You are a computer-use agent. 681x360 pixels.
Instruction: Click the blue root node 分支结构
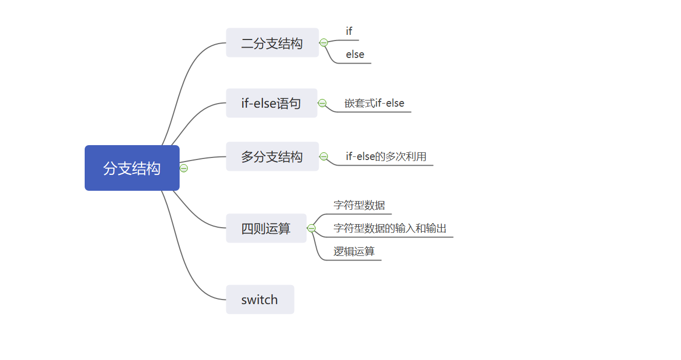132,168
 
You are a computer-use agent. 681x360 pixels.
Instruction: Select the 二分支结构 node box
272,43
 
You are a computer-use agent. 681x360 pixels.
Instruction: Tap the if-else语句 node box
271,103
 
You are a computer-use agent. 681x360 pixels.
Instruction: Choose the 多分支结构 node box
272,156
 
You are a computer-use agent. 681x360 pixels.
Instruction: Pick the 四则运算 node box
266,228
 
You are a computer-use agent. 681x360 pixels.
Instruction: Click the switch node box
260,299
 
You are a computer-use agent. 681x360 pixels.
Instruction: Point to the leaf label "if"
349,31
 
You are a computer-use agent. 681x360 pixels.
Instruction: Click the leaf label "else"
355,54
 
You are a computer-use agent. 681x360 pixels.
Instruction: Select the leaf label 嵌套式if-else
375,103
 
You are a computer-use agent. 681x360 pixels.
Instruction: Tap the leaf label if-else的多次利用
386,156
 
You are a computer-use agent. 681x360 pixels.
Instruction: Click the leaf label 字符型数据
359,205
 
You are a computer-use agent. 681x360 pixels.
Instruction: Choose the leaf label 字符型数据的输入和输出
390,228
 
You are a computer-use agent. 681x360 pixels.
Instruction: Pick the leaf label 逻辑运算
354,251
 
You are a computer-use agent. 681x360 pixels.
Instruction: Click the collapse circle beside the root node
184,168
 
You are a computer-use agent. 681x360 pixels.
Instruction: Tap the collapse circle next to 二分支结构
324,43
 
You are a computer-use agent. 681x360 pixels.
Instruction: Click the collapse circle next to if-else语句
322,103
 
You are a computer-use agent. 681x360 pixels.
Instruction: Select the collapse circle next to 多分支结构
324,156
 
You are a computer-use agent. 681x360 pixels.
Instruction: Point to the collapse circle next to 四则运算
312,228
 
